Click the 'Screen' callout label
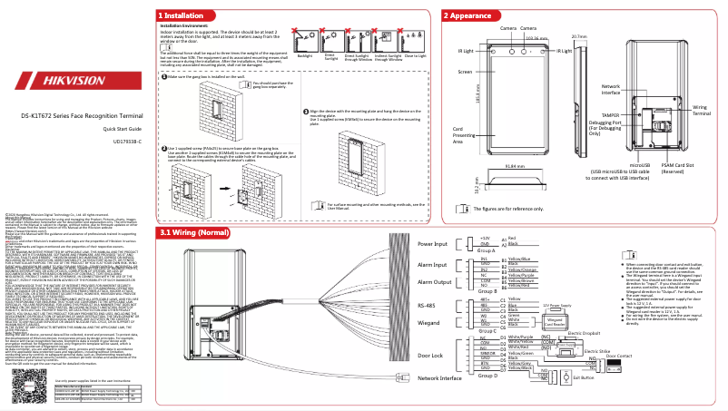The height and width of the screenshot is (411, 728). [464, 71]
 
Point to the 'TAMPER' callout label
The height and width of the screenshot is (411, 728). [611, 116]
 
